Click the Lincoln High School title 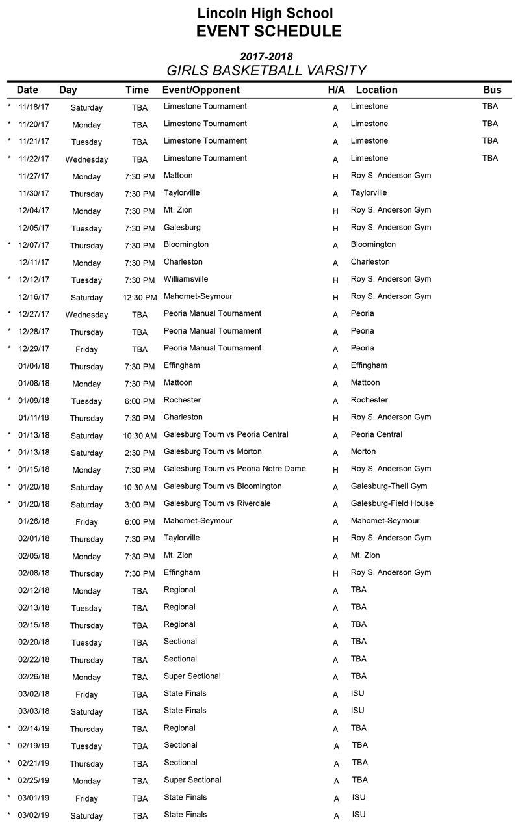point(265,13)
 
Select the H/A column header point(336,90)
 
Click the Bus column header point(492,90)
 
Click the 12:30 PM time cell point(140,297)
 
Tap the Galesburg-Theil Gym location point(389,486)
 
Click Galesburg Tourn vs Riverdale point(217,503)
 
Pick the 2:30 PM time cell point(140,453)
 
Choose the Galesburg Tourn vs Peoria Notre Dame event point(235,469)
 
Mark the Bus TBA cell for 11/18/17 point(490,107)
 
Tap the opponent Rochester point(182,400)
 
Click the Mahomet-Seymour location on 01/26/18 point(385,521)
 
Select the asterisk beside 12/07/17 point(9,244)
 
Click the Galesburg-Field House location point(392,503)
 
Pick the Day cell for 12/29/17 point(86,349)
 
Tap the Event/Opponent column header point(201,90)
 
